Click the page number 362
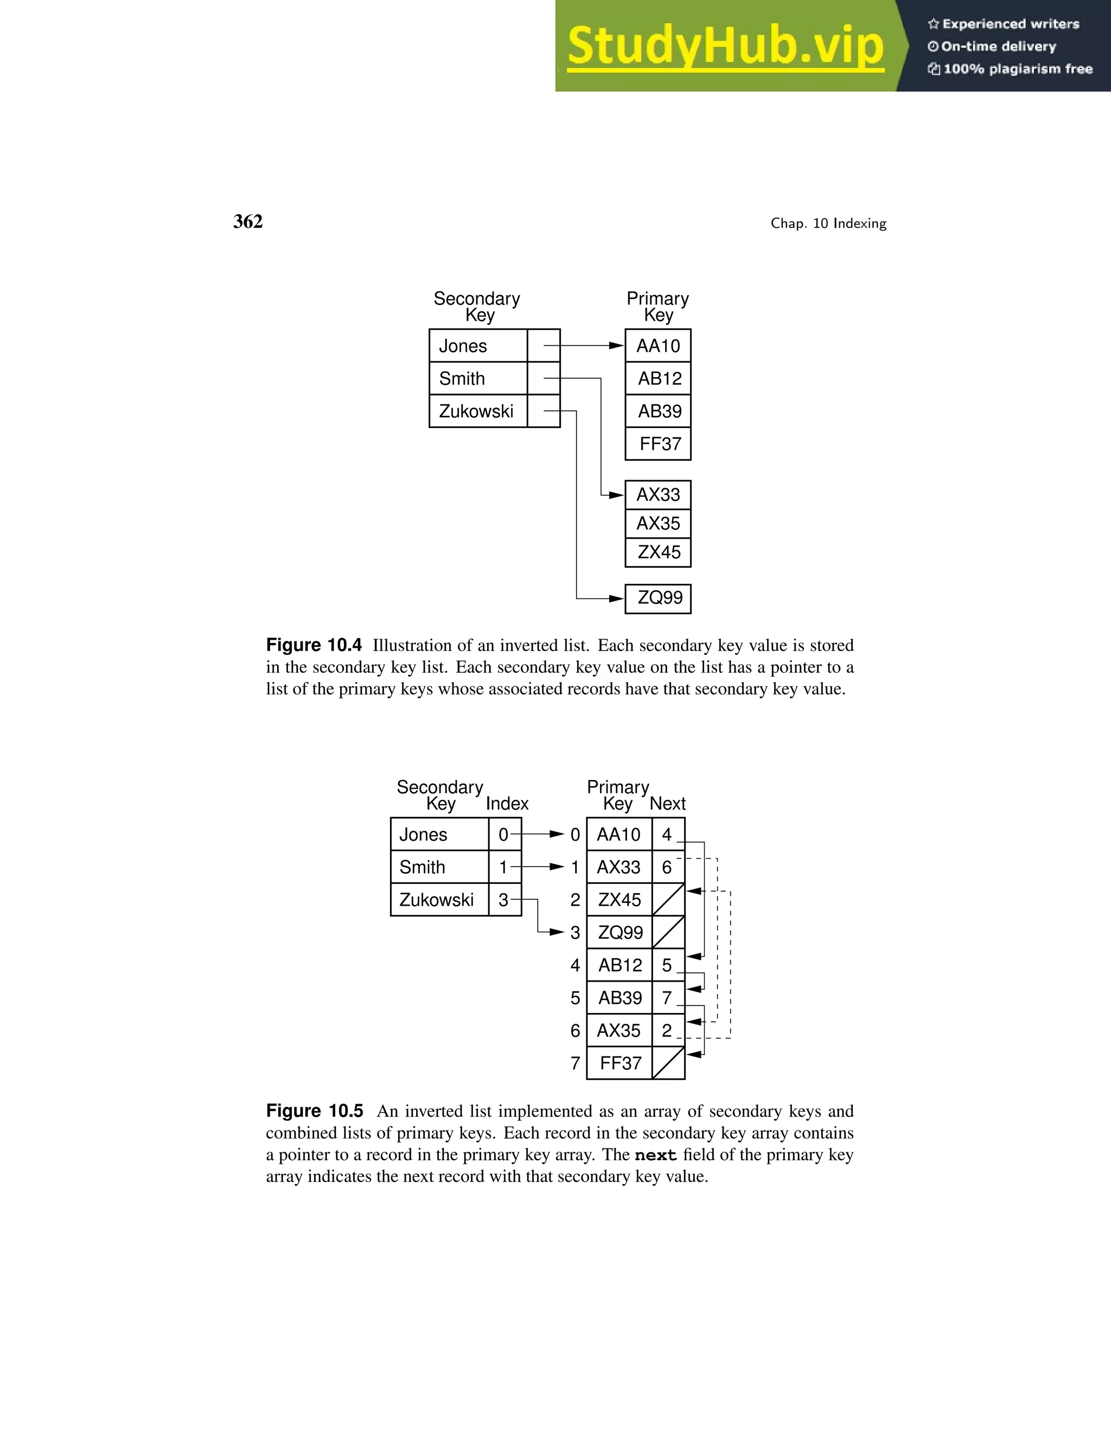[x=248, y=222]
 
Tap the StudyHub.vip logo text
[x=725, y=46]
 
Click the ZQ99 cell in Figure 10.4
[x=658, y=598]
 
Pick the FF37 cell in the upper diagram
[x=658, y=444]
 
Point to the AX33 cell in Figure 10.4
[x=658, y=494]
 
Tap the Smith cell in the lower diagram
[x=439, y=867]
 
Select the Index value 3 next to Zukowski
[x=503, y=900]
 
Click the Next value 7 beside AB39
[x=667, y=998]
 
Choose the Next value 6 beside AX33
[x=667, y=867]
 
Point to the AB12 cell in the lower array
[x=620, y=965]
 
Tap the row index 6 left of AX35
[x=575, y=1031]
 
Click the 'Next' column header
[x=667, y=804]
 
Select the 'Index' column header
[x=507, y=804]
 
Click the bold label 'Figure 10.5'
[x=315, y=1111]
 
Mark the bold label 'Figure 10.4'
[x=314, y=645]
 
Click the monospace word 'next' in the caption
[x=655, y=1155]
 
